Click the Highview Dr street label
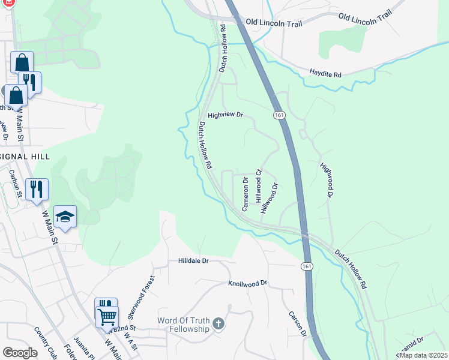point(225,115)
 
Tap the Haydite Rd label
point(325,74)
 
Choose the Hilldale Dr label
point(193,261)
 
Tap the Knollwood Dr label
point(247,283)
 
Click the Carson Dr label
point(298,324)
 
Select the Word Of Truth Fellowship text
point(183,325)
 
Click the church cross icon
point(218,325)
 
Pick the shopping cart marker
point(107,316)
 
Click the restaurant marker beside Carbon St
point(37,189)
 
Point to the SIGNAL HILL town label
point(24,156)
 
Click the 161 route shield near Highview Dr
point(279,115)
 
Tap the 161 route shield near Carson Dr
point(307,265)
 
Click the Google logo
point(20,353)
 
